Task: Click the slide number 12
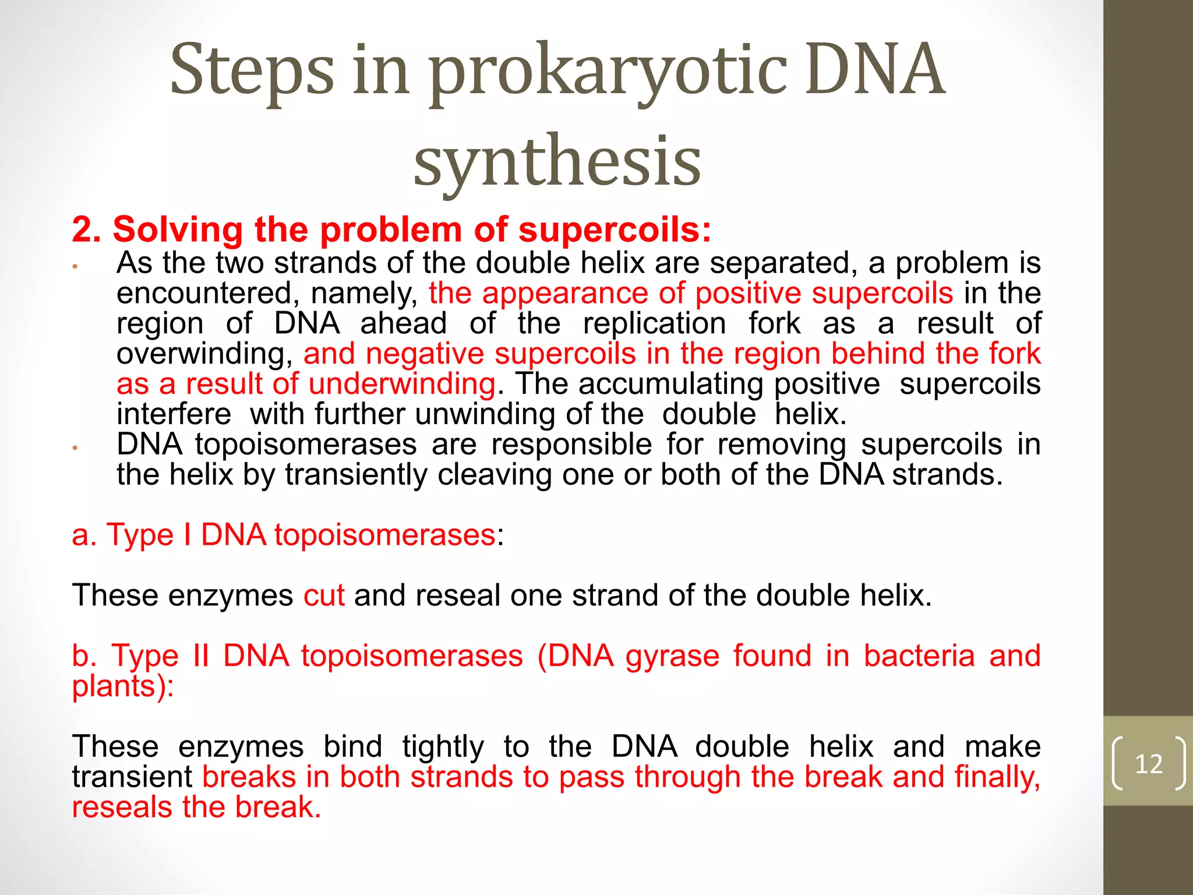click(x=1149, y=763)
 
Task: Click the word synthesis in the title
click(x=557, y=160)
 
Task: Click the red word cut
click(x=324, y=596)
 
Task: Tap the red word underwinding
click(x=402, y=384)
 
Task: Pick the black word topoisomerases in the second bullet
click(x=305, y=445)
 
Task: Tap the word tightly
click(x=443, y=747)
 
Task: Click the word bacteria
click(x=919, y=656)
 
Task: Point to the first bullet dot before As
click(x=75, y=267)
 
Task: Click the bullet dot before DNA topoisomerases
click(x=75, y=448)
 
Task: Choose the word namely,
click(x=364, y=293)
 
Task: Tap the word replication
click(x=654, y=323)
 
